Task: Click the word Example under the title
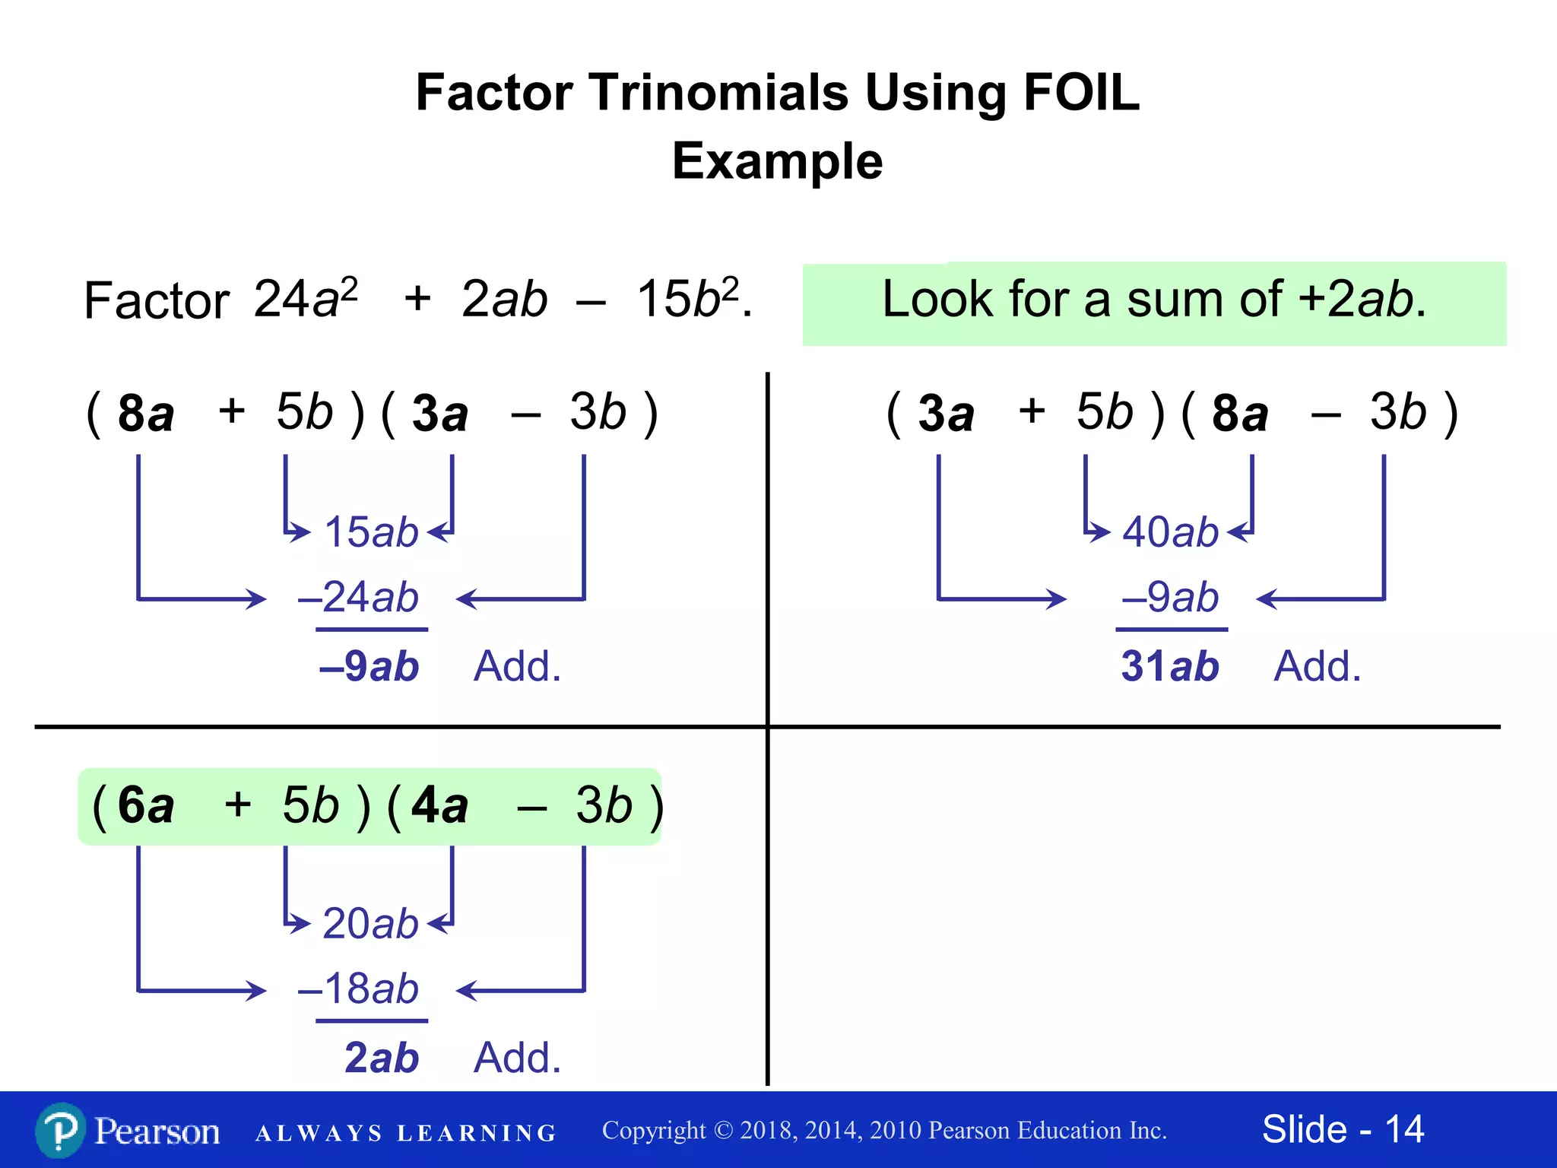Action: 777,161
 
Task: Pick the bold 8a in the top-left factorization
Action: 145,414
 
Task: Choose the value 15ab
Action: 371,532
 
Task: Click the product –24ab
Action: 359,597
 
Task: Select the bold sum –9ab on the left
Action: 369,666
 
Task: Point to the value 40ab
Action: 1171,532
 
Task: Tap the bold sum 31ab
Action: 1170,666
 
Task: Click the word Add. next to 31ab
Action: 1317,666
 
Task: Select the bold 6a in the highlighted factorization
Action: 145,805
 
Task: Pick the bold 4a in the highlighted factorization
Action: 439,805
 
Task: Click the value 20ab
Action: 370,923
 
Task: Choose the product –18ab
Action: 359,989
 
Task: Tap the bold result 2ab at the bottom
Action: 382,1058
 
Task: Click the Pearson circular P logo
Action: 60,1130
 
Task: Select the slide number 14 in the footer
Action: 1403,1129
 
